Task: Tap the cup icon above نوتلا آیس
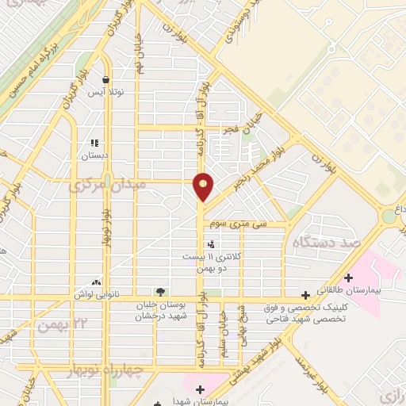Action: [105, 79]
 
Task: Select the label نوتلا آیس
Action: [105, 93]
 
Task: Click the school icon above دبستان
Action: [95, 144]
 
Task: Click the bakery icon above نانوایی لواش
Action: [96, 282]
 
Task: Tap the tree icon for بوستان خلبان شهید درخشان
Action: [161, 292]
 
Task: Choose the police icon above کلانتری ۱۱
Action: [209, 244]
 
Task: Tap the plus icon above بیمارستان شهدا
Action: [200, 389]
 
